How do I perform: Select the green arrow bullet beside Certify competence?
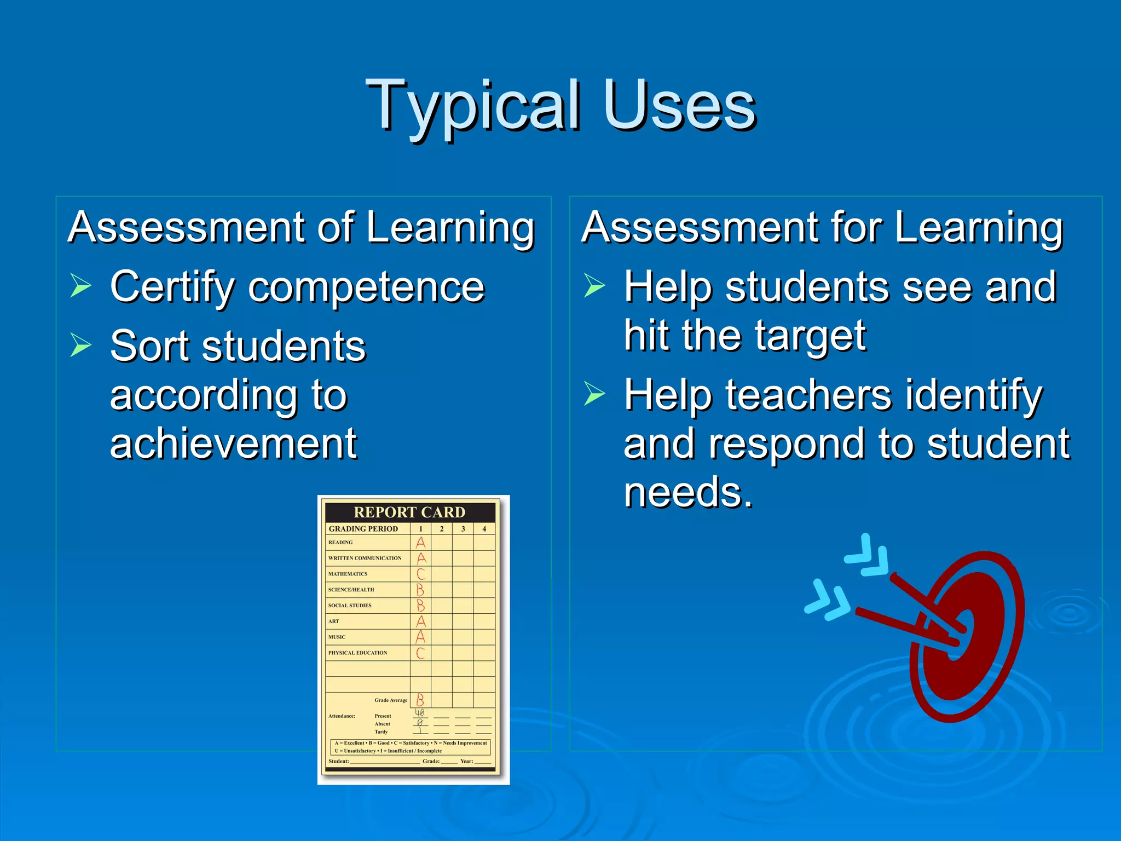click(x=80, y=286)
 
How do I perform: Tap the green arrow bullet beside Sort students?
click(x=80, y=345)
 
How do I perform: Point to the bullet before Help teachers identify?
click(x=594, y=393)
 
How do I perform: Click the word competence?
click(x=366, y=287)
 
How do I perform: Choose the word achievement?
click(x=233, y=443)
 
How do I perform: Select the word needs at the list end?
click(x=687, y=492)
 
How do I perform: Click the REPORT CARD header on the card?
click(x=409, y=512)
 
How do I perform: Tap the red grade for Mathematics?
click(x=420, y=574)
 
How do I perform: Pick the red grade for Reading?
click(x=420, y=543)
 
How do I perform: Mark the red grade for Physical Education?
click(x=420, y=653)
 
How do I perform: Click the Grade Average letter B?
click(x=420, y=700)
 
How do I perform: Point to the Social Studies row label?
click(x=350, y=606)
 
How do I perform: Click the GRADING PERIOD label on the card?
click(x=363, y=529)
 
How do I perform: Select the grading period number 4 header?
click(x=484, y=529)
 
